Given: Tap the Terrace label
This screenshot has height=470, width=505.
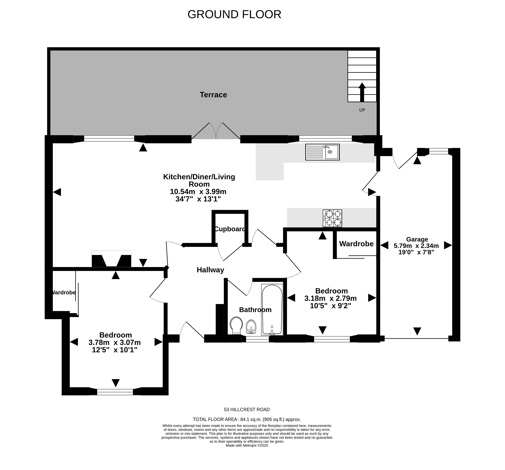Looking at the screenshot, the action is point(213,95).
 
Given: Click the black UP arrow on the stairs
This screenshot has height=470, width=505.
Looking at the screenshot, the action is point(362,92).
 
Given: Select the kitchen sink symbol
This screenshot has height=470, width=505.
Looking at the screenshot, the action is point(322,152).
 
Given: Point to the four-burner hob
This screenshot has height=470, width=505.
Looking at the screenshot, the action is point(332,218).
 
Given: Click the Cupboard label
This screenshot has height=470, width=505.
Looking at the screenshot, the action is point(230,229).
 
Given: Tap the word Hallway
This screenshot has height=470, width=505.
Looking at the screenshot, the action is point(210,270).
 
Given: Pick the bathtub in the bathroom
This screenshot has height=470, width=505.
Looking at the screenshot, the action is point(272,309).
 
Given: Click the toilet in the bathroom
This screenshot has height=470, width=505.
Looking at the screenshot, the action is point(236,325).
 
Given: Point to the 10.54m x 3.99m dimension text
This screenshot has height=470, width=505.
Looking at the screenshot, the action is point(198,192).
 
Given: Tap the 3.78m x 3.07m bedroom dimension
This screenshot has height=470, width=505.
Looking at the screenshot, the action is point(115,343).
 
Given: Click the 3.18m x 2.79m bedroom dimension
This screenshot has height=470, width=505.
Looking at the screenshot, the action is point(330,298).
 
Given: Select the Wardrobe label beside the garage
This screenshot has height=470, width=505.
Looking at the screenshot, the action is point(356,244).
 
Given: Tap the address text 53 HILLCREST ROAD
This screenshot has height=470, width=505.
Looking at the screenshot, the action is point(247,410).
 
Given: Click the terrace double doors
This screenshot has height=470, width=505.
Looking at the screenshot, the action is point(216,131).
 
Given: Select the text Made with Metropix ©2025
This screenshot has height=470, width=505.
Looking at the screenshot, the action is point(247,452).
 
